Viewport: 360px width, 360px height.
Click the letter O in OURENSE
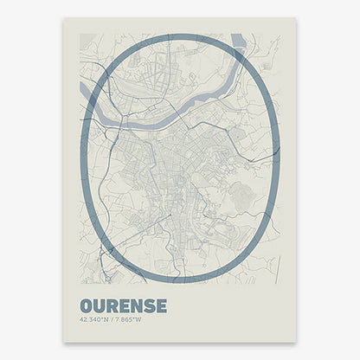87,305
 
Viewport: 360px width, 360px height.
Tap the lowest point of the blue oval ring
179,282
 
